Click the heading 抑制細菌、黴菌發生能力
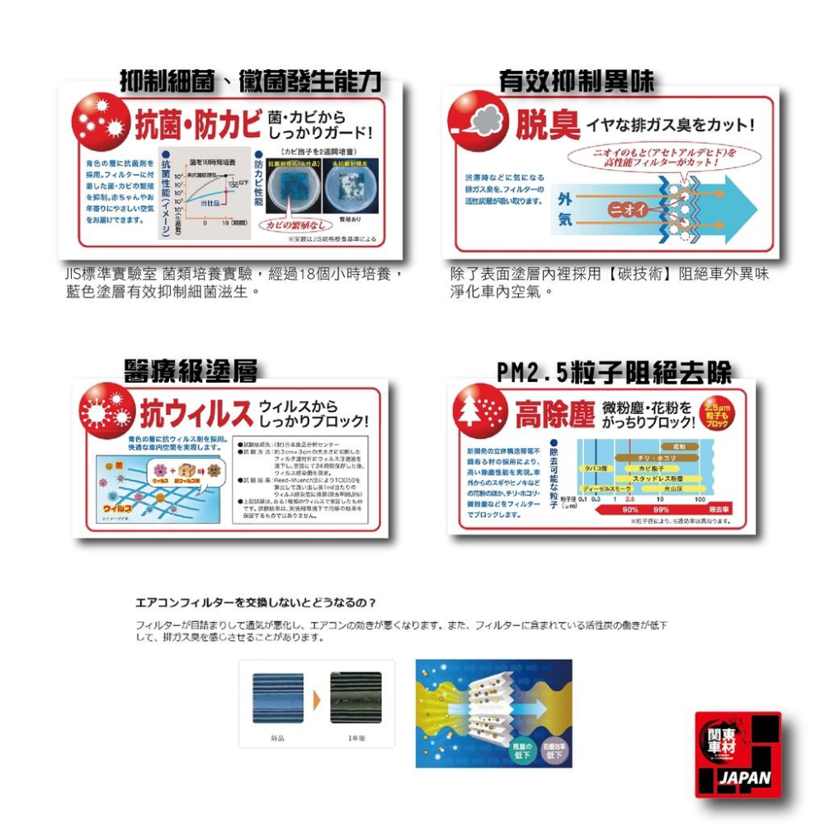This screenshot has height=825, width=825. (250, 81)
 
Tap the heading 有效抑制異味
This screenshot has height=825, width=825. (577, 81)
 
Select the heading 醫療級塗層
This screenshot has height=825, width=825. (191, 371)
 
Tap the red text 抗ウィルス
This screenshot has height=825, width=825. (195, 413)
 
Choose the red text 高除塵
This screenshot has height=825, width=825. (555, 414)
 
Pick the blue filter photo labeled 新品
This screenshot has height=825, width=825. (277, 698)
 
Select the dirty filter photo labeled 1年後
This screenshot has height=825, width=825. (356, 698)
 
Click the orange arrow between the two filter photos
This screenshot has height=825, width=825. (316, 700)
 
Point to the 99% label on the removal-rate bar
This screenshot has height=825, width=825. (661, 509)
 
